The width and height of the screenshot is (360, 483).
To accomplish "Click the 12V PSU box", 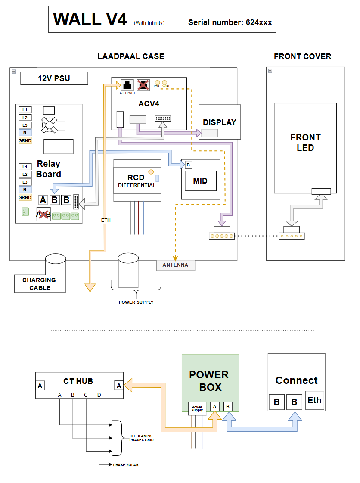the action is click(x=54, y=78).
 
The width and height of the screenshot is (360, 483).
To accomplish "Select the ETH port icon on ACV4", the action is click(x=127, y=85).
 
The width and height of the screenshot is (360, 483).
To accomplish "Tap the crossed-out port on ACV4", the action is click(x=143, y=85).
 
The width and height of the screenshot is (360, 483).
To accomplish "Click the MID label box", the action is click(x=201, y=181).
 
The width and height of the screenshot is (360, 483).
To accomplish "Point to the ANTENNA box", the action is click(x=176, y=265).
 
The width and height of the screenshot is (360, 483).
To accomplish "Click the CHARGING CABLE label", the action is click(x=40, y=284).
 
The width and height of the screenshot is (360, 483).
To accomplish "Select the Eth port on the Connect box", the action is click(x=314, y=400).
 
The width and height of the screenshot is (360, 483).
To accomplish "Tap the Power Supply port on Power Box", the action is click(x=197, y=409).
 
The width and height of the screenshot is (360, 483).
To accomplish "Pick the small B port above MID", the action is click(x=188, y=165).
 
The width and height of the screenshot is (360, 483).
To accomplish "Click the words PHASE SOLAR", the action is click(x=126, y=465).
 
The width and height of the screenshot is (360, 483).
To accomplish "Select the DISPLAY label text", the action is click(x=220, y=122).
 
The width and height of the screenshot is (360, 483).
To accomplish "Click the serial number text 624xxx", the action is click(x=259, y=22).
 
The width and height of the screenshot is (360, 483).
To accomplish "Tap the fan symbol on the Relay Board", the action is click(x=50, y=125).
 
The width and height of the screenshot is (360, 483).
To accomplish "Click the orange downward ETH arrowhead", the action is click(x=90, y=287).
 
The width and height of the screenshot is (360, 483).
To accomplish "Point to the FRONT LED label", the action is click(x=305, y=142).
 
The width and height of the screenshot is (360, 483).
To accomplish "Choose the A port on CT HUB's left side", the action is click(x=40, y=386).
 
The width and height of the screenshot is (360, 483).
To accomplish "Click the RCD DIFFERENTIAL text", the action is click(x=137, y=181).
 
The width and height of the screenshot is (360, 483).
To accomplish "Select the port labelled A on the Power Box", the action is click(x=214, y=407).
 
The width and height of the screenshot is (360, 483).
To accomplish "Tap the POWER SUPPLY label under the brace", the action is click(x=136, y=302).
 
